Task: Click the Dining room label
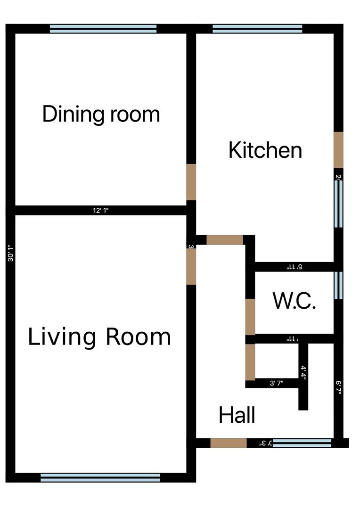point(101,115)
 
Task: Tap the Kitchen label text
point(265,150)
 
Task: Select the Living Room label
point(99,337)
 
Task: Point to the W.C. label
point(294,301)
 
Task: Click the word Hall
point(237,416)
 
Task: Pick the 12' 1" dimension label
point(100,211)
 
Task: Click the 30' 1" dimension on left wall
point(10,253)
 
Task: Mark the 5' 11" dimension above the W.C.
point(294,267)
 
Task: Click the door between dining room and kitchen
point(191,182)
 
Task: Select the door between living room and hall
point(191,267)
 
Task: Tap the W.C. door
point(250,316)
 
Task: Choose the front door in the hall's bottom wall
point(228,443)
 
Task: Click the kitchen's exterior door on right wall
point(338,149)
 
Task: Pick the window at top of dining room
point(103,29)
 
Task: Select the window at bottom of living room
point(100,477)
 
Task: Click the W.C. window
point(338,285)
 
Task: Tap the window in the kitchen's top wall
point(257,29)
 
